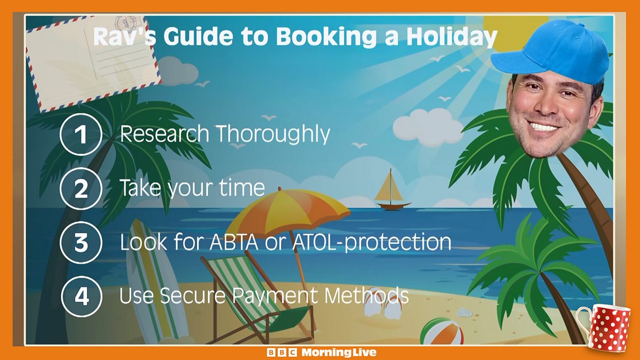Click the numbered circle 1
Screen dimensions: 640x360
(81, 134)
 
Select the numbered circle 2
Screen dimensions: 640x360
(81, 189)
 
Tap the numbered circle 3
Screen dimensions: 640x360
(81, 243)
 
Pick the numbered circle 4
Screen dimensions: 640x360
(82, 297)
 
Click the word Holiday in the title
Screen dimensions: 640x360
(452, 37)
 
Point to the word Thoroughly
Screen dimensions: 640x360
(274, 134)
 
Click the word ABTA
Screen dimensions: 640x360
(234, 242)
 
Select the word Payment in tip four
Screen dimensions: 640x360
(275, 296)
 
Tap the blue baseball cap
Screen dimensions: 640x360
(551, 51)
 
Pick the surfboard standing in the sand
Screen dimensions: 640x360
(153, 283)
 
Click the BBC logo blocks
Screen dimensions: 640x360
(282, 353)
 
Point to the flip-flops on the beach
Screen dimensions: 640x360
(383, 306)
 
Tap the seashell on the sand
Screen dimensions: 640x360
(465, 313)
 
